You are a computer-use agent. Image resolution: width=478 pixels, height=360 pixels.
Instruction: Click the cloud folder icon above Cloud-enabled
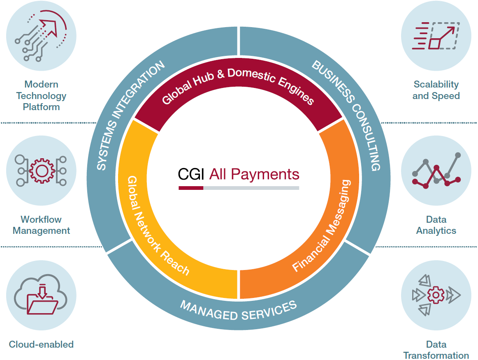tap(41, 296)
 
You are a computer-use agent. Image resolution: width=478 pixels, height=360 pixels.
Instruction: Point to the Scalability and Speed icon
tap(436, 36)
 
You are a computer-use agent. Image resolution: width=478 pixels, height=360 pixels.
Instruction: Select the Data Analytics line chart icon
tap(436, 171)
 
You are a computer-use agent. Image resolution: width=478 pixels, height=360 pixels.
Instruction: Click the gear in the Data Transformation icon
tap(435, 295)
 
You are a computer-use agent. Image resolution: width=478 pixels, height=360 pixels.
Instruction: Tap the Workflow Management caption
tap(41, 225)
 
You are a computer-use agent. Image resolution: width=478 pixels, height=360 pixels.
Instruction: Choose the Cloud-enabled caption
tap(41, 344)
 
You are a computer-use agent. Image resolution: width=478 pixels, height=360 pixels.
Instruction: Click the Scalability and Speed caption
tap(436, 90)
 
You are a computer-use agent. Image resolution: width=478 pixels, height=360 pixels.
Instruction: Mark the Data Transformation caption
tap(436, 350)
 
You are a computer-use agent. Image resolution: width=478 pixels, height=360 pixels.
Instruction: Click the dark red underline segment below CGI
tap(191, 188)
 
